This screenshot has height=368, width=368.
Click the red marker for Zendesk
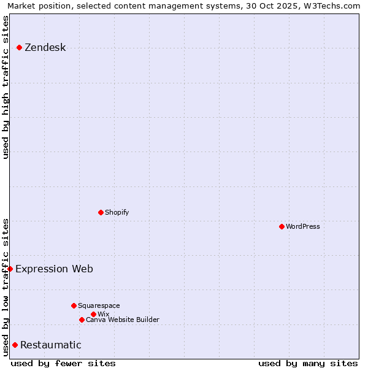point(19,47)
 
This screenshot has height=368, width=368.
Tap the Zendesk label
point(45,48)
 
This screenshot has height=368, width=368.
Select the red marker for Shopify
point(101,212)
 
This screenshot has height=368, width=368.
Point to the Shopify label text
point(117,213)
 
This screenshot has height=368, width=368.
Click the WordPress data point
point(282,226)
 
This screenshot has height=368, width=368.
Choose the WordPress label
point(302,227)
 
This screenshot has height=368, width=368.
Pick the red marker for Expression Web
point(10,269)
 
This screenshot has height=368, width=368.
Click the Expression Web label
point(54,269)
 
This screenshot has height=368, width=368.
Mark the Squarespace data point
point(74,305)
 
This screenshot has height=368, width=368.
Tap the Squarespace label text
point(99,306)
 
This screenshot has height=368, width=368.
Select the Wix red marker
point(93,314)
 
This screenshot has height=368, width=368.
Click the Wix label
point(103,315)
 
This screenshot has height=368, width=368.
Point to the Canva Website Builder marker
point(82,320)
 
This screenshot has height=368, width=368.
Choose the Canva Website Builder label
point(122,320)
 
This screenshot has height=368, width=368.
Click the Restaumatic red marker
point(15,345)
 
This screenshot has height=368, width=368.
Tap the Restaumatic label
point(50,345)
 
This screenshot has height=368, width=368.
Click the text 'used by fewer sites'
point(63,363)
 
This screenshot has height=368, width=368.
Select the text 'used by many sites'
point(308,363)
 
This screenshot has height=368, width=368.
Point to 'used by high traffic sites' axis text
point(6,87)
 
